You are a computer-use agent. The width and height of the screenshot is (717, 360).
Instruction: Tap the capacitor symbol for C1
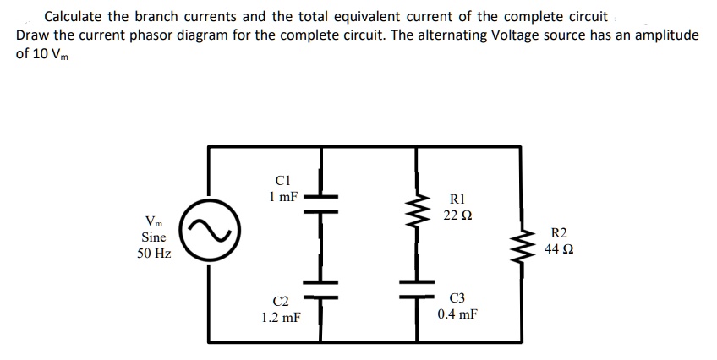[x=322, y=199]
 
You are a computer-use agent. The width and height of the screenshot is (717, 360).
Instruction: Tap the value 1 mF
[x=283, y=196]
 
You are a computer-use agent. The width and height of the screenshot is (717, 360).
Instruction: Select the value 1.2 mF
[x=281, y=318]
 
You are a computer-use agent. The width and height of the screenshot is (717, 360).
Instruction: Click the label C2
[x=281, y=301]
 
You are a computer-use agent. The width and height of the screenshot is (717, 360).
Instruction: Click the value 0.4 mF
[x=457, y=314]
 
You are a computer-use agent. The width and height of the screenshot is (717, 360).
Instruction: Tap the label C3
[x=457, y=297]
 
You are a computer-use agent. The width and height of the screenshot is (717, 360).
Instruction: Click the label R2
[x=560, y=233]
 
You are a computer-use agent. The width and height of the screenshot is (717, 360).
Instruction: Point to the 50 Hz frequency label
[x=153, y=254]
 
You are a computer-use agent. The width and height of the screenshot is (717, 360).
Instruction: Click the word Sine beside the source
[x=153, y=237]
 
